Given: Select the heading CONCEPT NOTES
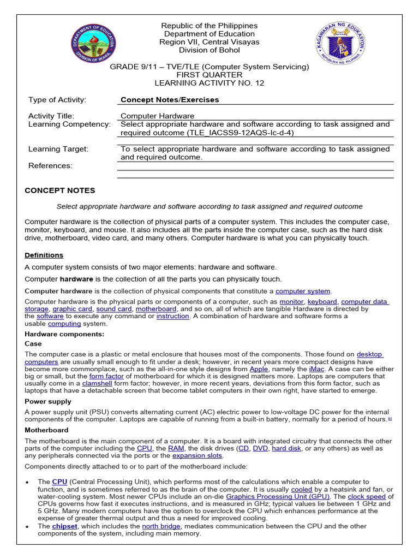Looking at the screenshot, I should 60,191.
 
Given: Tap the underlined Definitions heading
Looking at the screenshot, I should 44,255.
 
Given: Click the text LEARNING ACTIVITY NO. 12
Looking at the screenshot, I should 209,83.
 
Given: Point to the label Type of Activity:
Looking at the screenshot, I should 57,100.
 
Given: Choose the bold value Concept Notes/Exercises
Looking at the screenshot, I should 170,100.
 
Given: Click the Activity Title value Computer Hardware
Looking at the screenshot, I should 157,116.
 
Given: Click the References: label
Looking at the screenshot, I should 50,165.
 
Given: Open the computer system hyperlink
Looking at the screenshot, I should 303,291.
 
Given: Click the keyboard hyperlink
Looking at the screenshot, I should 322,301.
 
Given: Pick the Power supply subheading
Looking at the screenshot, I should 48,401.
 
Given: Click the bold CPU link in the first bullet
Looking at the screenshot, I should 59,482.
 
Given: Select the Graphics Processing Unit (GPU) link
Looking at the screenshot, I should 278,497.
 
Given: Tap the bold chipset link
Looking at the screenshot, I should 64,526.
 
